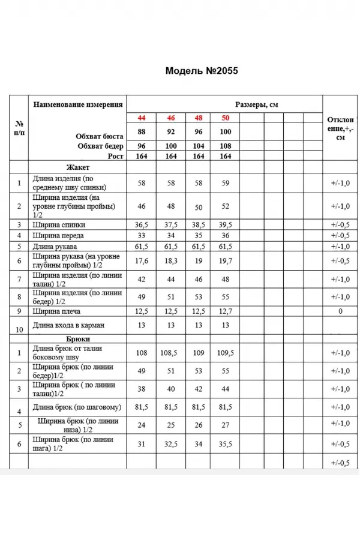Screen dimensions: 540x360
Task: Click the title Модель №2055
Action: click(202, 71)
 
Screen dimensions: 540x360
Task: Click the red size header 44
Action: click(142, 117)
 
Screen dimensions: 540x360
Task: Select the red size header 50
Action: click(226, 117)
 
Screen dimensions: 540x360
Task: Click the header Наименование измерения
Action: click(78, 104)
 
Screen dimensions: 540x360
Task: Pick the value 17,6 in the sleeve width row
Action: click(142, 261)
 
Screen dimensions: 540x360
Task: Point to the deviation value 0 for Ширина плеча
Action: click(340, 311)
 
